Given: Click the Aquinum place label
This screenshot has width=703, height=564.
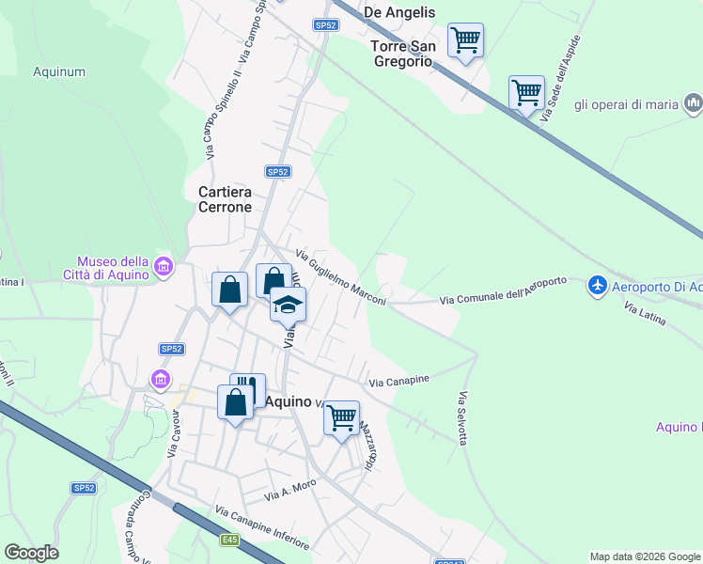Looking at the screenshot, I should [59, 70].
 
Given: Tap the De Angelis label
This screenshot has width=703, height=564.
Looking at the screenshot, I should [398, 12].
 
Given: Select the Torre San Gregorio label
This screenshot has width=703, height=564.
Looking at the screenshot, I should [401, 54].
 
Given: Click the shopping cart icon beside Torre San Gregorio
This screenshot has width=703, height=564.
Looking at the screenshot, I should [465, 40].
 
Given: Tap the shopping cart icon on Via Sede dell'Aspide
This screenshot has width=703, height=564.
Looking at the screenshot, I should [526, 93].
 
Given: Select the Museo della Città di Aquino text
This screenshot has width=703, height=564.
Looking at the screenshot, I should [112, 268].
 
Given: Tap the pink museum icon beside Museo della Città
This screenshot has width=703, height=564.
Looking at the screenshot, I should [164, 269].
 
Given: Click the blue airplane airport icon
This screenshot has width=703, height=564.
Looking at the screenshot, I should [597, 285].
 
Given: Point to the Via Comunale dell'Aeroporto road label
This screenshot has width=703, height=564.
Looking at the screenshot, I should [504, 291].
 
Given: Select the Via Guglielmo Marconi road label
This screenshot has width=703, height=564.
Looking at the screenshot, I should [340, 276].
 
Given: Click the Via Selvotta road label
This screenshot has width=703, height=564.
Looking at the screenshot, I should [461, 418].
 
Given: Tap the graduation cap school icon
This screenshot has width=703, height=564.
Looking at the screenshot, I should [289, 304].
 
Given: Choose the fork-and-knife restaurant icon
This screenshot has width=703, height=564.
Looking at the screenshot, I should [247, 388].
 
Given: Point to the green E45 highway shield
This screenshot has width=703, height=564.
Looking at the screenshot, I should [230, 540].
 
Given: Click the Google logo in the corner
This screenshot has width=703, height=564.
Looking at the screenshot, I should [31, 553].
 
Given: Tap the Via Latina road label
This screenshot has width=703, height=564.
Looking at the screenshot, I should [645, 314].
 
